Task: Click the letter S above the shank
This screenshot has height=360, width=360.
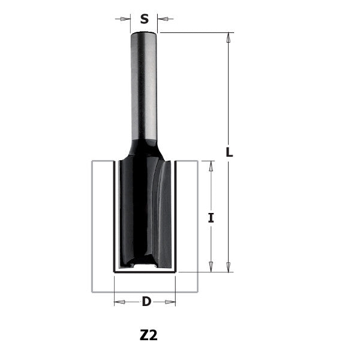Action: pos(144,19)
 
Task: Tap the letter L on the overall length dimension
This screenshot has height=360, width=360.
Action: pos(229,152)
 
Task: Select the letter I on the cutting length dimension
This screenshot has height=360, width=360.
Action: pos(211,218)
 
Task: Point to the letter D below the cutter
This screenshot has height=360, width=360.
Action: pos(146,301)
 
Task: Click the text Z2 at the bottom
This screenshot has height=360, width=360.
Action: pos(148,335)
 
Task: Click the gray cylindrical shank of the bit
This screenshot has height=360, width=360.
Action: pos(144,84)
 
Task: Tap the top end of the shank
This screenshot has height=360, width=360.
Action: pos(144,34)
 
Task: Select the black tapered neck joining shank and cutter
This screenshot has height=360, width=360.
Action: pos(144,149)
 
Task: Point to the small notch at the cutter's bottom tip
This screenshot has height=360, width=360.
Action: pos(144,265)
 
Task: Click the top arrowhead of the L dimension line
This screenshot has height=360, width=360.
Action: pos(229,37)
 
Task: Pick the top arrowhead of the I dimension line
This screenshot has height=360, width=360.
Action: pos(211,166)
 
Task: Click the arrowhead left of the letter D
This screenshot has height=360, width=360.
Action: pos(119,301)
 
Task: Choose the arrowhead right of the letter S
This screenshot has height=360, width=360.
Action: pos(162,19)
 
